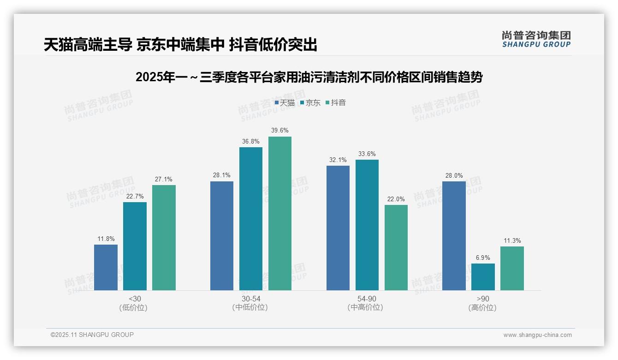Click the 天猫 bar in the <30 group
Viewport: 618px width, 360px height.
[106, 267]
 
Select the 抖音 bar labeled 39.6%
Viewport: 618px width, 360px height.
[280, 213]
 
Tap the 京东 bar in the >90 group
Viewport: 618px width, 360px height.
[483, 277]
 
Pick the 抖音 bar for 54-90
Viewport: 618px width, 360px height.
[396, 247]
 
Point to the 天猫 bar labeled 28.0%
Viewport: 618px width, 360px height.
[454, 236]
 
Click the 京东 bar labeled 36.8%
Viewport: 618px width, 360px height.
[251, 219]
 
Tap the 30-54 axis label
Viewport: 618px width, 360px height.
[251, 299]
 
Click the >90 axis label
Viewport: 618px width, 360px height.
[483, 299]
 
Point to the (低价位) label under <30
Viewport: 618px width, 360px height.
[133, 307]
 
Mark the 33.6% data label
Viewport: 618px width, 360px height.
[367, 154]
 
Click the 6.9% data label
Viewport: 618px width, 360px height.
[483, 258]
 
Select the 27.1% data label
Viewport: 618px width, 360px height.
[164, 180]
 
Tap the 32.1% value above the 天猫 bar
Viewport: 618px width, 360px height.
[338, 160]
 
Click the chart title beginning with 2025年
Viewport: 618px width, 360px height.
[309, 77]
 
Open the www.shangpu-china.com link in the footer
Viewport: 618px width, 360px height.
[537, 335]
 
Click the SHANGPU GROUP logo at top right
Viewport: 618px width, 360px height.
[536, 39]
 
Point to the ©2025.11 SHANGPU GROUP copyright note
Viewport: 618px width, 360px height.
[92, 335]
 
